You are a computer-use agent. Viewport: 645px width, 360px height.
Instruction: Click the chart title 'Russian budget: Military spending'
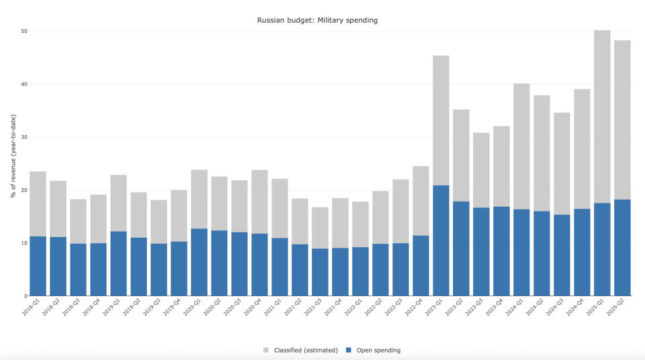pyautogui.click(x=317, y=20)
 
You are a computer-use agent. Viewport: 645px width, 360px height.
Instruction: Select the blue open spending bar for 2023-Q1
pyautogui.click(x=441, y=240)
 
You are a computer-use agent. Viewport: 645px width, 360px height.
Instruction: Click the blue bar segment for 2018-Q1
pyautogui.click(x=38, y=266)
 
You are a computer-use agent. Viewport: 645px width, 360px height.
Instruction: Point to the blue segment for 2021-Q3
pyautogui.click(x=320, y=272)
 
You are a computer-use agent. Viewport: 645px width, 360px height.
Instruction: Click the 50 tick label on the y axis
pyautogui.click(x=24, y=31)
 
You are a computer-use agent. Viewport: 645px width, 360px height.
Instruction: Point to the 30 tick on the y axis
pyautogui.click(x=24, y=137)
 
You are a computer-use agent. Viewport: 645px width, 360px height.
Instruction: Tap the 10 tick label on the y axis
pyautogui.click(x=24, y=243)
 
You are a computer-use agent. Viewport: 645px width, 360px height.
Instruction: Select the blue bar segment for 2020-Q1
pyautogui.click(x=199, y=262)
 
